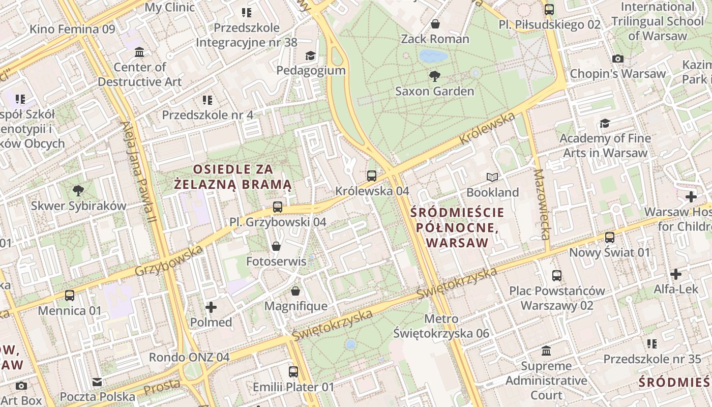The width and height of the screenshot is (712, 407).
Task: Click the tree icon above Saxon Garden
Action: tap(435, 76)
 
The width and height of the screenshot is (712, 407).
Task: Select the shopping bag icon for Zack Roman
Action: tap(435, 24)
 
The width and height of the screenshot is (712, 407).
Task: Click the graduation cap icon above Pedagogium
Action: tap(310, 55)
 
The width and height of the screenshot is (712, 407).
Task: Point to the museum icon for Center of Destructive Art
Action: tap(139, 52)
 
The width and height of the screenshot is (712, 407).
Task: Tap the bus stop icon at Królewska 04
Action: tap(372, 176)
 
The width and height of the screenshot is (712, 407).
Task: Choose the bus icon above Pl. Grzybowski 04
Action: tap(277, 207)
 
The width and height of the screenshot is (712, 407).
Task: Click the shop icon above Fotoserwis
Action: tap(276, 246)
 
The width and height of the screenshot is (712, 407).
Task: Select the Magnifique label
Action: tap(296, 306)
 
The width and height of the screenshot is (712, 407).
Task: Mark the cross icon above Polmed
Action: tap(211, 307)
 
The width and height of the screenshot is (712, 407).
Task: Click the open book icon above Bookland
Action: tap(492, 177)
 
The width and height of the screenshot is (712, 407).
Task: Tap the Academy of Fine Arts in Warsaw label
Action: tap(605, 146)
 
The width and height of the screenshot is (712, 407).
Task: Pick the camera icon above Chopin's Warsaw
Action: tap(618, 59)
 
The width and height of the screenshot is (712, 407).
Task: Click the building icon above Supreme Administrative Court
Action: tap(547, 351)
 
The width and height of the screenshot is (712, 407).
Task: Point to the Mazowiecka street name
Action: tap(542, 204)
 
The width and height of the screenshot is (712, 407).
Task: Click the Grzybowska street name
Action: tap(169, 261)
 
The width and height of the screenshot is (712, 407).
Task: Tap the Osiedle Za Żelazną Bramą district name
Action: tap(232, 177)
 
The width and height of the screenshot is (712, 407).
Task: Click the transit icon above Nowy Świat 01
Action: tap(609, 237)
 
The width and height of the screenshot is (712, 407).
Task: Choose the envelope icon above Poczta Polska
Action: tap(97, 382)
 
